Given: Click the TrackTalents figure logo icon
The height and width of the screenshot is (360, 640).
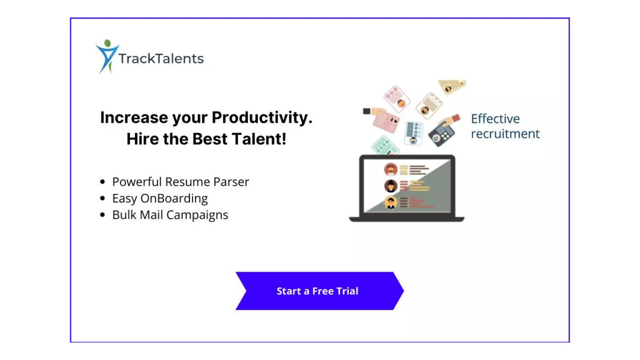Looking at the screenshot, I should [107, 56].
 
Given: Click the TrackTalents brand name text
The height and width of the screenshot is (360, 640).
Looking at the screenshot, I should [161, 59].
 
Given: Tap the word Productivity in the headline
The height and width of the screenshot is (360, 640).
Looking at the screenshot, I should [262, 118].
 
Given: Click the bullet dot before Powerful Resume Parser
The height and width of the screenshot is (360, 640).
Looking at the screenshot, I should [102, 182].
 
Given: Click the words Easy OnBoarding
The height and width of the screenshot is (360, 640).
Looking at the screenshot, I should [160, 198].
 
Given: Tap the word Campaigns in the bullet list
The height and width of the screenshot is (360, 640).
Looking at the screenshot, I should [197, 215].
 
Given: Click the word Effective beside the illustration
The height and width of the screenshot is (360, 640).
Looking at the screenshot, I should [495, 119].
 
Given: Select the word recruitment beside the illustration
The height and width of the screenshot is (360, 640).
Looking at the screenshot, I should [505, 134].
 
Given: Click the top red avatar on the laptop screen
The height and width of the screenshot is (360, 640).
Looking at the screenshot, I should [391, 170].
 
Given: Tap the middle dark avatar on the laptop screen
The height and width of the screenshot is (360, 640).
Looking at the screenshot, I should [391, 186].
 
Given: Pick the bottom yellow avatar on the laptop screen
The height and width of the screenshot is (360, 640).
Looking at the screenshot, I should [391, 202].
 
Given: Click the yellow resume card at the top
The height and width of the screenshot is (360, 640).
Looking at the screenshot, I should [452, 86].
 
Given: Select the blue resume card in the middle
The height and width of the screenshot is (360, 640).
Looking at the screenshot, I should [414, 133].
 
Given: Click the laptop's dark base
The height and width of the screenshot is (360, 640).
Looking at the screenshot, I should [407, 219].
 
